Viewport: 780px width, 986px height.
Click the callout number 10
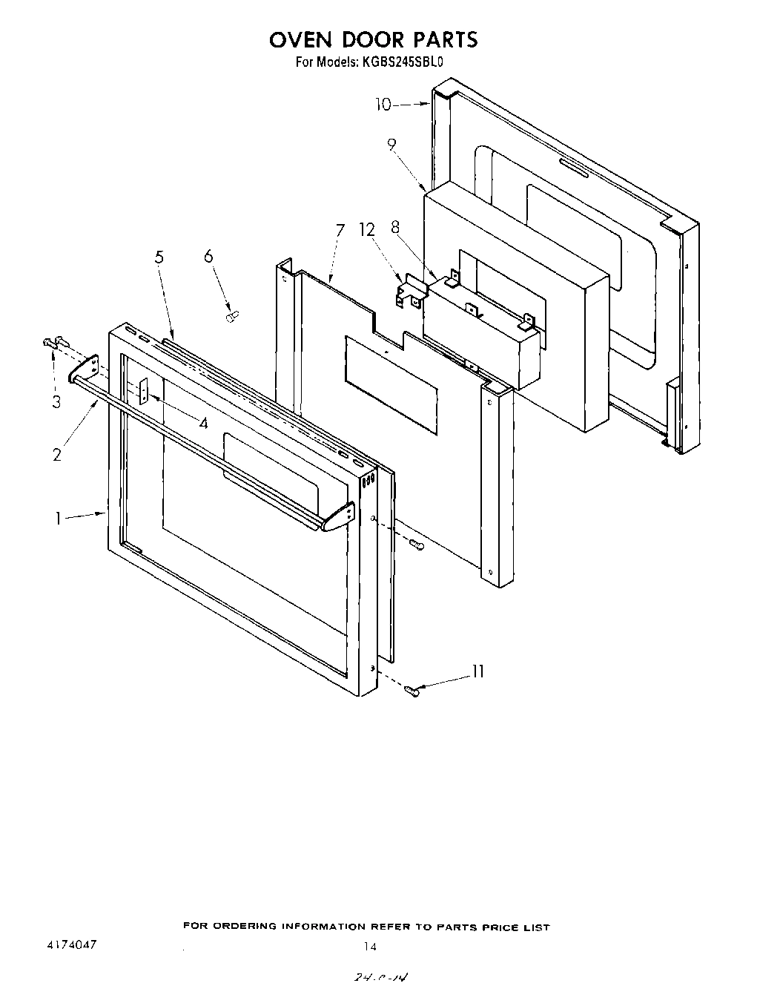383,105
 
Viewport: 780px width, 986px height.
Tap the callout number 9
391,146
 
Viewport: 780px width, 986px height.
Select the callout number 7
340,230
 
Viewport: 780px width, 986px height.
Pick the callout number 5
159,257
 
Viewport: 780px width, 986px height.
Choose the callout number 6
208,256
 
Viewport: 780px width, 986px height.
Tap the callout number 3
56,402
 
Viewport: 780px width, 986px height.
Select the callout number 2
57,454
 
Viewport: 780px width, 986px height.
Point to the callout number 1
57,519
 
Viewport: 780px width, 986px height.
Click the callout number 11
477,671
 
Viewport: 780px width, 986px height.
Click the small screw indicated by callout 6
230,317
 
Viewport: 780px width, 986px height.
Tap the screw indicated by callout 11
412,691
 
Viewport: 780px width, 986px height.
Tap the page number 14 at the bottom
370,946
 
